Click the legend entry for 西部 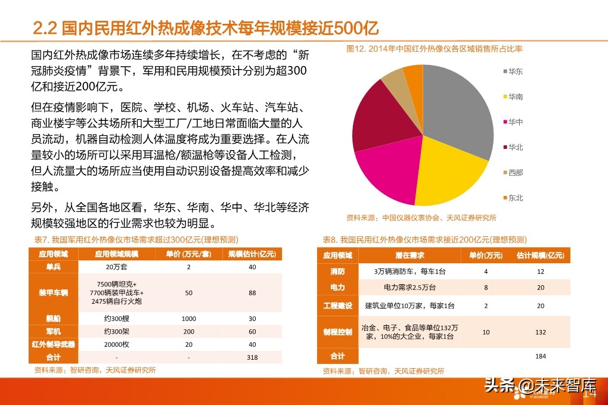[516, 173]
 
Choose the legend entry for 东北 [516, 198]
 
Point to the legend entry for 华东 [516, 71]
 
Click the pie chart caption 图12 [434, 49]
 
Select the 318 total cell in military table [252, 357]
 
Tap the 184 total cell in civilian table [541, 356]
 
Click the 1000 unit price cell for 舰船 [188, 319]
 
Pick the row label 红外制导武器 [54, 344]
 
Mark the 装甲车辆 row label [54, 293]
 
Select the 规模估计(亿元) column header [252, 254]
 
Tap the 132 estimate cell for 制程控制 [541, 332]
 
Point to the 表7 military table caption [136, 239]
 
